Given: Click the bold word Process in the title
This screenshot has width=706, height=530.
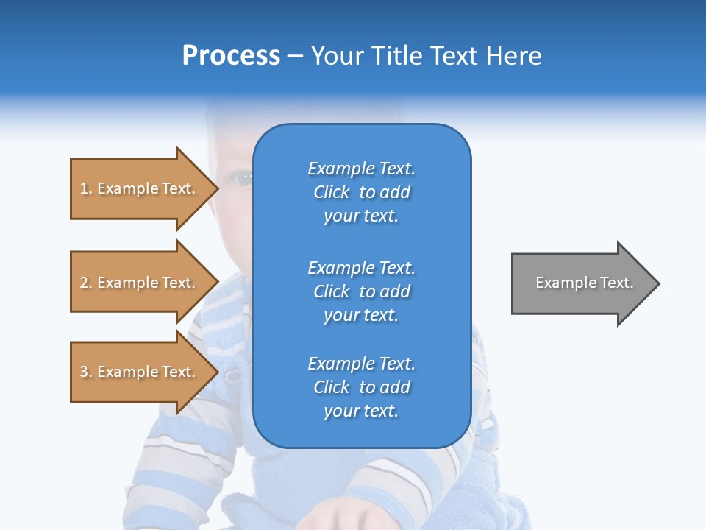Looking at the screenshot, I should (x=231, y=56).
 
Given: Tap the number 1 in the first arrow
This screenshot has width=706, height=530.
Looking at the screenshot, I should (x=84, y=188).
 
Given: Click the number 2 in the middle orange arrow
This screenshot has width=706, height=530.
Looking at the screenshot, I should (x=84, y=283).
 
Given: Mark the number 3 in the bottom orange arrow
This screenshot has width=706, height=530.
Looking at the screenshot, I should (x=84, y=372).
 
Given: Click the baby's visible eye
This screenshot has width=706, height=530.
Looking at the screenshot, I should (x=240, y=177).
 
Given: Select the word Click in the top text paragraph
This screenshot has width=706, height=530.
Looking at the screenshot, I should (x=332, y=192).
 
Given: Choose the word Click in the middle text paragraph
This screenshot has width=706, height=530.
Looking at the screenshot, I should (x=332, y=291).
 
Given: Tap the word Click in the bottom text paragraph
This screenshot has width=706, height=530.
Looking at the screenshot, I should (x=332, y=387).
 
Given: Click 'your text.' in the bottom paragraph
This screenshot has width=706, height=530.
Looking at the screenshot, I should (x=361, y=411).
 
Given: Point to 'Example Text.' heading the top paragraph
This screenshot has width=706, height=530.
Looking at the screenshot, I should (x=361, y=169).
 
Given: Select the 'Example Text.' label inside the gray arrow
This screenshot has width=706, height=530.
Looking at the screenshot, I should (x=584, y=283).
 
